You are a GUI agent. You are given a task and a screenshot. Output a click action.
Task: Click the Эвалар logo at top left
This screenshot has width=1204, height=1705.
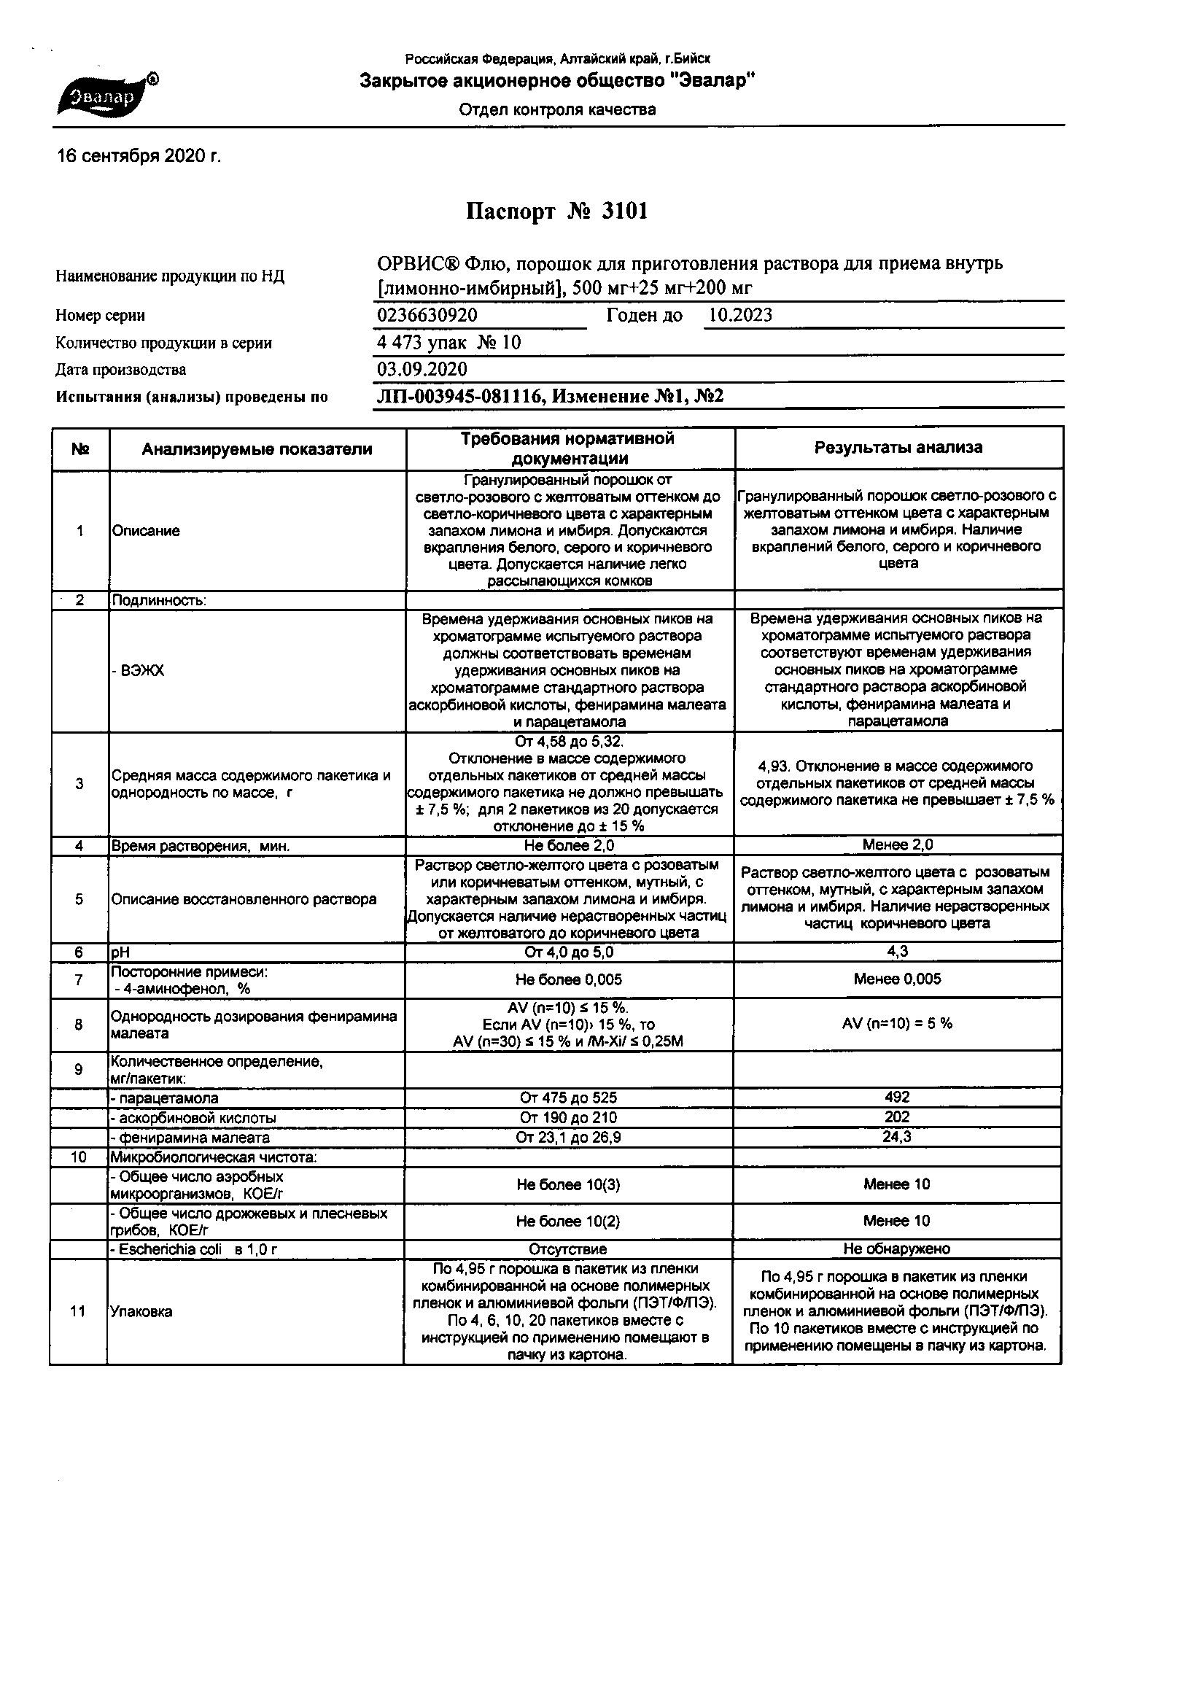tap(105, 97)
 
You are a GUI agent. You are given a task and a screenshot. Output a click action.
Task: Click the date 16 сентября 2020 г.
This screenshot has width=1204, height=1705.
tap(139, 156)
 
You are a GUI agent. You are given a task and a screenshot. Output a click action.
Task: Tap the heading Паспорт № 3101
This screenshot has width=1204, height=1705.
tap(557, 212)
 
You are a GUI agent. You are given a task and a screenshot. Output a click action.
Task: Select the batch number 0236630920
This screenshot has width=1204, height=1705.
tap(427, 315)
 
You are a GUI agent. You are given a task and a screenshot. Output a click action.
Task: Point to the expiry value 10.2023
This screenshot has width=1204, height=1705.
tap(739, 315)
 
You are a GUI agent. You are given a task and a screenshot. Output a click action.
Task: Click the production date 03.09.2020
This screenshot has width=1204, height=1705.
tap(422, 369)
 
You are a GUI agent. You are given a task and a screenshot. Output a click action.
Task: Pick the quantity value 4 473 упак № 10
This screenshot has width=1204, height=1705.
tap(449, 342)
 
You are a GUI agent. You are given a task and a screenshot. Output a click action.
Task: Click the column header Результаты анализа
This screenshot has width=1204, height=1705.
tap(898, 447)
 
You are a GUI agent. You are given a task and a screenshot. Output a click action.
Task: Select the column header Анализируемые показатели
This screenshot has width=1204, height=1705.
tap(257, 448)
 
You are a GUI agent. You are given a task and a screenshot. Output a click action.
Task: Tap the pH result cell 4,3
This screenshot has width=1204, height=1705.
tap(897, 951)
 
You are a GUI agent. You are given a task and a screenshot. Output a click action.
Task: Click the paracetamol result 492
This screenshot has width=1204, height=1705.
tap(897, 1097)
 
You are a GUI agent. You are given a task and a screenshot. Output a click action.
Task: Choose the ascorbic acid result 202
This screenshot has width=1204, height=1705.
tap(897, 1117)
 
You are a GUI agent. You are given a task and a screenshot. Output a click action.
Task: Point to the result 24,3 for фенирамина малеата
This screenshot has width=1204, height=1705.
tap(897, 1137)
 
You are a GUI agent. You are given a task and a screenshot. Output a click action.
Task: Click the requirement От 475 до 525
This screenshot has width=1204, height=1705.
tap(568, 1098)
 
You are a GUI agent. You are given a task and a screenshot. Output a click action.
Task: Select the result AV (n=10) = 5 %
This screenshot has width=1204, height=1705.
tap(897, 1023)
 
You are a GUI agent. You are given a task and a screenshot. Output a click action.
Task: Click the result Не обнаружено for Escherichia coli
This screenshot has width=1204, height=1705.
tap(897, 1249)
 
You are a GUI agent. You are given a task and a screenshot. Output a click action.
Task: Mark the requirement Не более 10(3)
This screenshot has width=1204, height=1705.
tap(568, 1184)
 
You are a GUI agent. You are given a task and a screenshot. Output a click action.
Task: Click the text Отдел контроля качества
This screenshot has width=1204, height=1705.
tap(557, 110)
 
